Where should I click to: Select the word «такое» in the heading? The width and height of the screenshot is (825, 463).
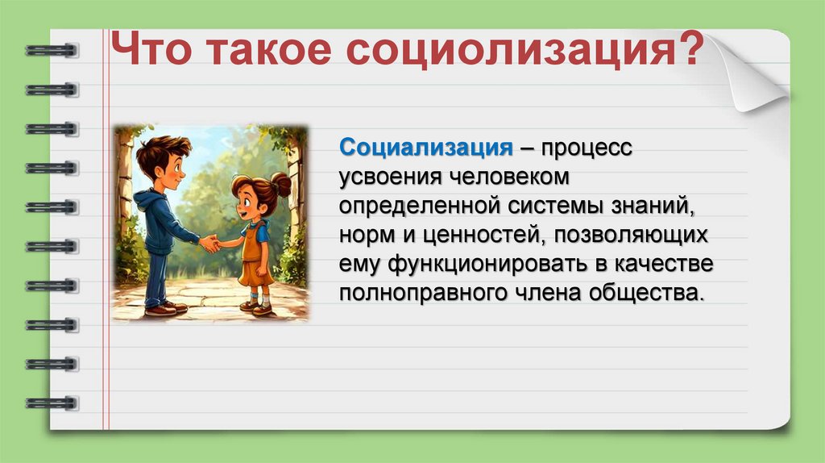coord(272,53)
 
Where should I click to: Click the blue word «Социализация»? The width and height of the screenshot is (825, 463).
coord(426,148)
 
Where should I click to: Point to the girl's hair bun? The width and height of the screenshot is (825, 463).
coord(280,186)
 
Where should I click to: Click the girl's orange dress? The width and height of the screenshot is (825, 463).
coord(256,262)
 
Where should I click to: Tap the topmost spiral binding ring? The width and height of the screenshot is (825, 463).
coord(52,51)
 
